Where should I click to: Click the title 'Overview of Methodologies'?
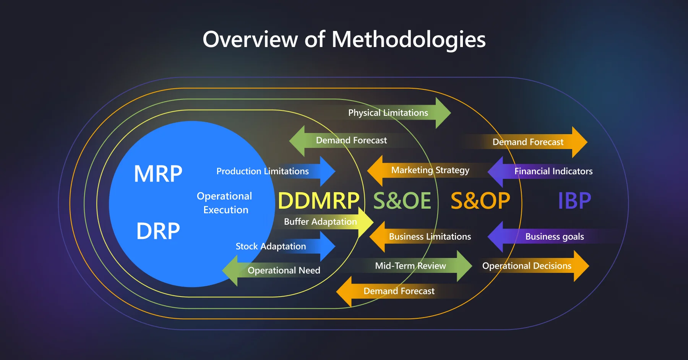(x=344, y=39)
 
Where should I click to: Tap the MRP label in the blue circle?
(x=158, y=174)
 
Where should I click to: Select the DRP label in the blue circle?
(x=158, y=231)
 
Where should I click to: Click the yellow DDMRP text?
(x=318, y=201)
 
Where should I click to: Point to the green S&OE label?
(x=402, y=201)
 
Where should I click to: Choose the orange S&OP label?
(x=480, y=201)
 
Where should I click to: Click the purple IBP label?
(x=574, y=201)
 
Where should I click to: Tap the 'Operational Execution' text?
(x=225, y=203)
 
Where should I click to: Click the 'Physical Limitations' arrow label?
(x=388, y=113)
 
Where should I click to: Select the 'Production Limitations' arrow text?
(x=263, y=171)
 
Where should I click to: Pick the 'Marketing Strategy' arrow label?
(x=430, y=170)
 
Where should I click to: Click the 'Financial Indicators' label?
(x=553, y=171)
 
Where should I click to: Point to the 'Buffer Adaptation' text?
(x=320, y=222)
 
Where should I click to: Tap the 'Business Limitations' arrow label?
(x=430, y=237)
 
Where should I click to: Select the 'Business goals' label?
(x=555, y=237)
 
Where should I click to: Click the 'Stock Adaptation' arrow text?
(x=271, y=246)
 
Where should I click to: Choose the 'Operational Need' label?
(x=284, y=271)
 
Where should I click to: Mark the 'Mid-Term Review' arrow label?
(x=411, y=266)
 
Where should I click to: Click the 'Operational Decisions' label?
(x=527, y=266)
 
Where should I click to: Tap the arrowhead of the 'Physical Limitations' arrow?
(x=443, y=113)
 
